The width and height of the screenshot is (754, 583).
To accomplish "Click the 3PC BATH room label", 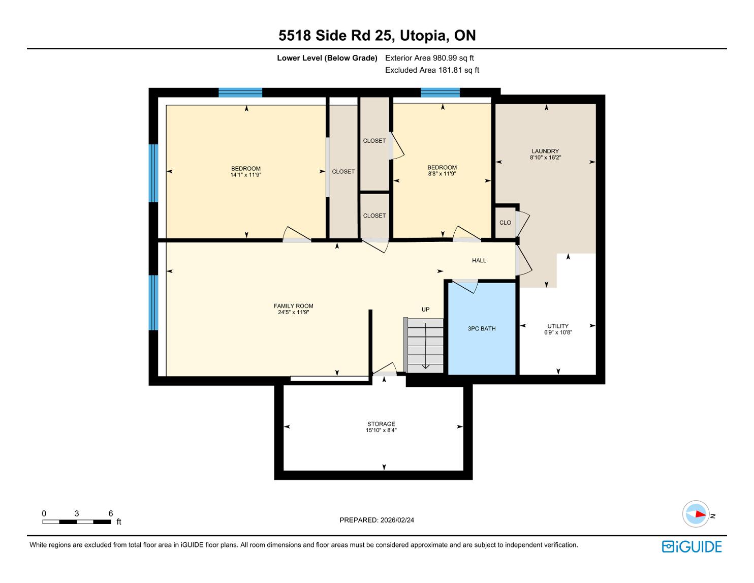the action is (x=482, y=329).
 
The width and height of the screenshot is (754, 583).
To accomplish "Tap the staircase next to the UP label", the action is (x=424, y=345).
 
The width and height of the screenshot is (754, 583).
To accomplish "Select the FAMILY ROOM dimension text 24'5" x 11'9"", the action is (x=294, y=312).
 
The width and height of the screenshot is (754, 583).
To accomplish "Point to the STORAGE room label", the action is (x=381, y=424).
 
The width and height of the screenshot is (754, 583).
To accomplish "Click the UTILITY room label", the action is (x=558, y=326).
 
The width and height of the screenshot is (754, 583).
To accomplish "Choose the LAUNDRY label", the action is (x=545, y=151).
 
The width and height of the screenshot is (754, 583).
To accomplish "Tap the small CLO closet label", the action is (x=505, y=223).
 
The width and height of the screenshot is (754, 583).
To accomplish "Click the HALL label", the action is (x=479, y=260).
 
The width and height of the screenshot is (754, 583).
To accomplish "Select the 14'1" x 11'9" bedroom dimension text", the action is (x=246, y=175).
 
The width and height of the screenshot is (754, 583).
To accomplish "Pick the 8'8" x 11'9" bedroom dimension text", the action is (x=442, y=173).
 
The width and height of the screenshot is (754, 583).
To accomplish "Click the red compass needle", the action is (x=700, y=514).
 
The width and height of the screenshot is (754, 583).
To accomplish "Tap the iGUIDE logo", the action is (x=692, y=546).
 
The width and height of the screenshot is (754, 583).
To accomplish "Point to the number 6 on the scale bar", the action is (x=111, y=513).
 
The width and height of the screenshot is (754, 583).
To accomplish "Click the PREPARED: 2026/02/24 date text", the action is (x=376, y=520).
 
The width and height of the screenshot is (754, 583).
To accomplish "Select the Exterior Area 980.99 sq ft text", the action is (x=429, y=58).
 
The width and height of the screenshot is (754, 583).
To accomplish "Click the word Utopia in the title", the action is (x=423, y=36).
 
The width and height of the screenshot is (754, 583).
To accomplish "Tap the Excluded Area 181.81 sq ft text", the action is (x=432, y=70).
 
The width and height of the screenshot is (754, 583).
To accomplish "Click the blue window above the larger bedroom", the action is (x=240, y=93).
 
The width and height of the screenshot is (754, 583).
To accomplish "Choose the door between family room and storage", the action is (x=384, y=369).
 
